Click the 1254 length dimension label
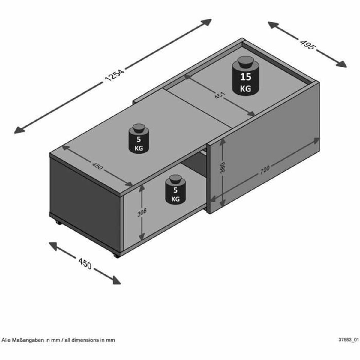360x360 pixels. coord(114,76)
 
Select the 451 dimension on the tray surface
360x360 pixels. coord(220,96)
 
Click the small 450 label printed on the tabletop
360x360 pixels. coord(97,166)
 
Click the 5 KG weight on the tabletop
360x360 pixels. coord(139,140)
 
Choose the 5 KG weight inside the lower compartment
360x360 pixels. coord(175,191)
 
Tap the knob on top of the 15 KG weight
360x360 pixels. coord(245,62)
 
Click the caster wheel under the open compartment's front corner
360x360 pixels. coord(115,256)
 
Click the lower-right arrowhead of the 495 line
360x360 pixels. coord(343,65)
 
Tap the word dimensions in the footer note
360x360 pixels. coord(90,340)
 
